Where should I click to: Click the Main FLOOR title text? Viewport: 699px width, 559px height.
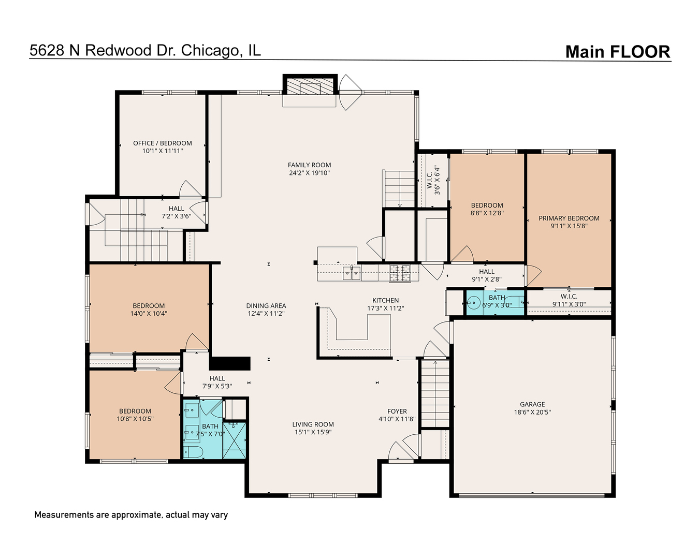point(618,52)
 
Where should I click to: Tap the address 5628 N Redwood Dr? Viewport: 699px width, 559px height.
point(103,51)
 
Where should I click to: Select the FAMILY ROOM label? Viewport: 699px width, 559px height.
point(309,165)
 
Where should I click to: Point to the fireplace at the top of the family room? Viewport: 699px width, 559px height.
point(310,85)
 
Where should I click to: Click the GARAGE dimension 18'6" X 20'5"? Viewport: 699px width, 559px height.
point(532,412)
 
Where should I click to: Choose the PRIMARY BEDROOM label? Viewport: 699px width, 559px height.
point(569,218)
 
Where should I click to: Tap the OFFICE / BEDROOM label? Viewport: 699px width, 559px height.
point(163,143)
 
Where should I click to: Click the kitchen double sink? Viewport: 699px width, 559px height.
point(352,273)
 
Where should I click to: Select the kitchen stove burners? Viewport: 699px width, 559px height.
point(400,273)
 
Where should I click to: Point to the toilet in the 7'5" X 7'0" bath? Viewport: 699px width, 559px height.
point(194,451)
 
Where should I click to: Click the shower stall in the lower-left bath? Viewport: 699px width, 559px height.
point(234,440)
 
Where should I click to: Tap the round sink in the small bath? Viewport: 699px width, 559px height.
point(474,303)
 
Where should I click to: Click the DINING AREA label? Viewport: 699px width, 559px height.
point(266,306)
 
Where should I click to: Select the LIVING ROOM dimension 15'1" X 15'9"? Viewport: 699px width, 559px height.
point(313,432)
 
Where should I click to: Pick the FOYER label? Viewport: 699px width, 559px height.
point(397,411)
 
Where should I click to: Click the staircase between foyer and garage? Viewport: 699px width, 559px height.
point(435,393)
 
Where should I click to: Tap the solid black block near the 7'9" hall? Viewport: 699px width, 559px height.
point(230,363)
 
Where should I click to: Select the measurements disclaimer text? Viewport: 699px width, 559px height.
point(131,515)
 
